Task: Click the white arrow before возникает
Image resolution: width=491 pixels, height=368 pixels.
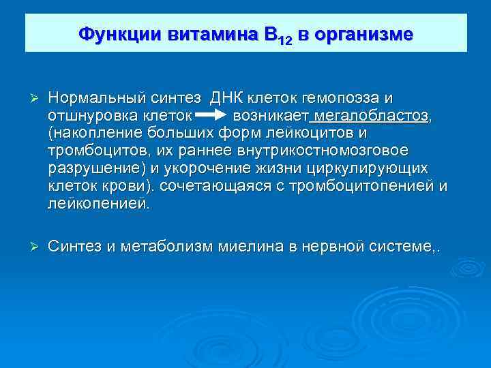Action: (x=211, y=114)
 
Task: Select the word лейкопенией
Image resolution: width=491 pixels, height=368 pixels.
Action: (x=97, y=202)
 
